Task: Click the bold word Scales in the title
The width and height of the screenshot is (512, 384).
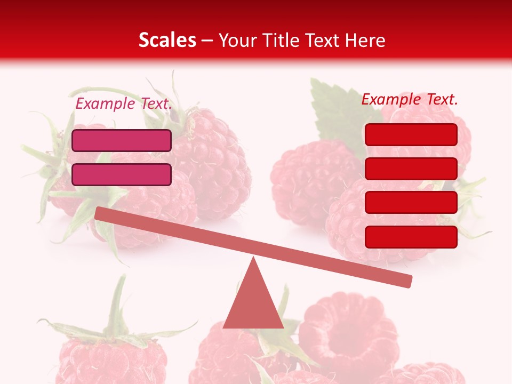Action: (167, 40)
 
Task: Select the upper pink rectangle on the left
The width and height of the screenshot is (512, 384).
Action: (122, 140)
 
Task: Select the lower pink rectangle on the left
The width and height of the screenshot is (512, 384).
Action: (122, 174)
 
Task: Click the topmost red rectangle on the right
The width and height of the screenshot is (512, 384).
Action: (411, 134)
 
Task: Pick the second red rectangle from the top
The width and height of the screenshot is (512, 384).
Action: (411, 169)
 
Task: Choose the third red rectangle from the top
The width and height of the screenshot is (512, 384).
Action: (411, 202)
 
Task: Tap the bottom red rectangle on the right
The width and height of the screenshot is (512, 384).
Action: (411, 237)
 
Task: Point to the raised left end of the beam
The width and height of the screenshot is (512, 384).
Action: (101, 213)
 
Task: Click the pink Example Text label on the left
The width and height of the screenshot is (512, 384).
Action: (124, 103)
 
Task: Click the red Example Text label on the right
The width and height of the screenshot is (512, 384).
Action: (410, 99)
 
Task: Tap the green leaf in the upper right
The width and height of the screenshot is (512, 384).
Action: (333, 107)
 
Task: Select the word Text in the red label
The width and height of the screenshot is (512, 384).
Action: (442, 99)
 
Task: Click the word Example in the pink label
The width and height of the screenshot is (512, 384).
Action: (105, 103)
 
